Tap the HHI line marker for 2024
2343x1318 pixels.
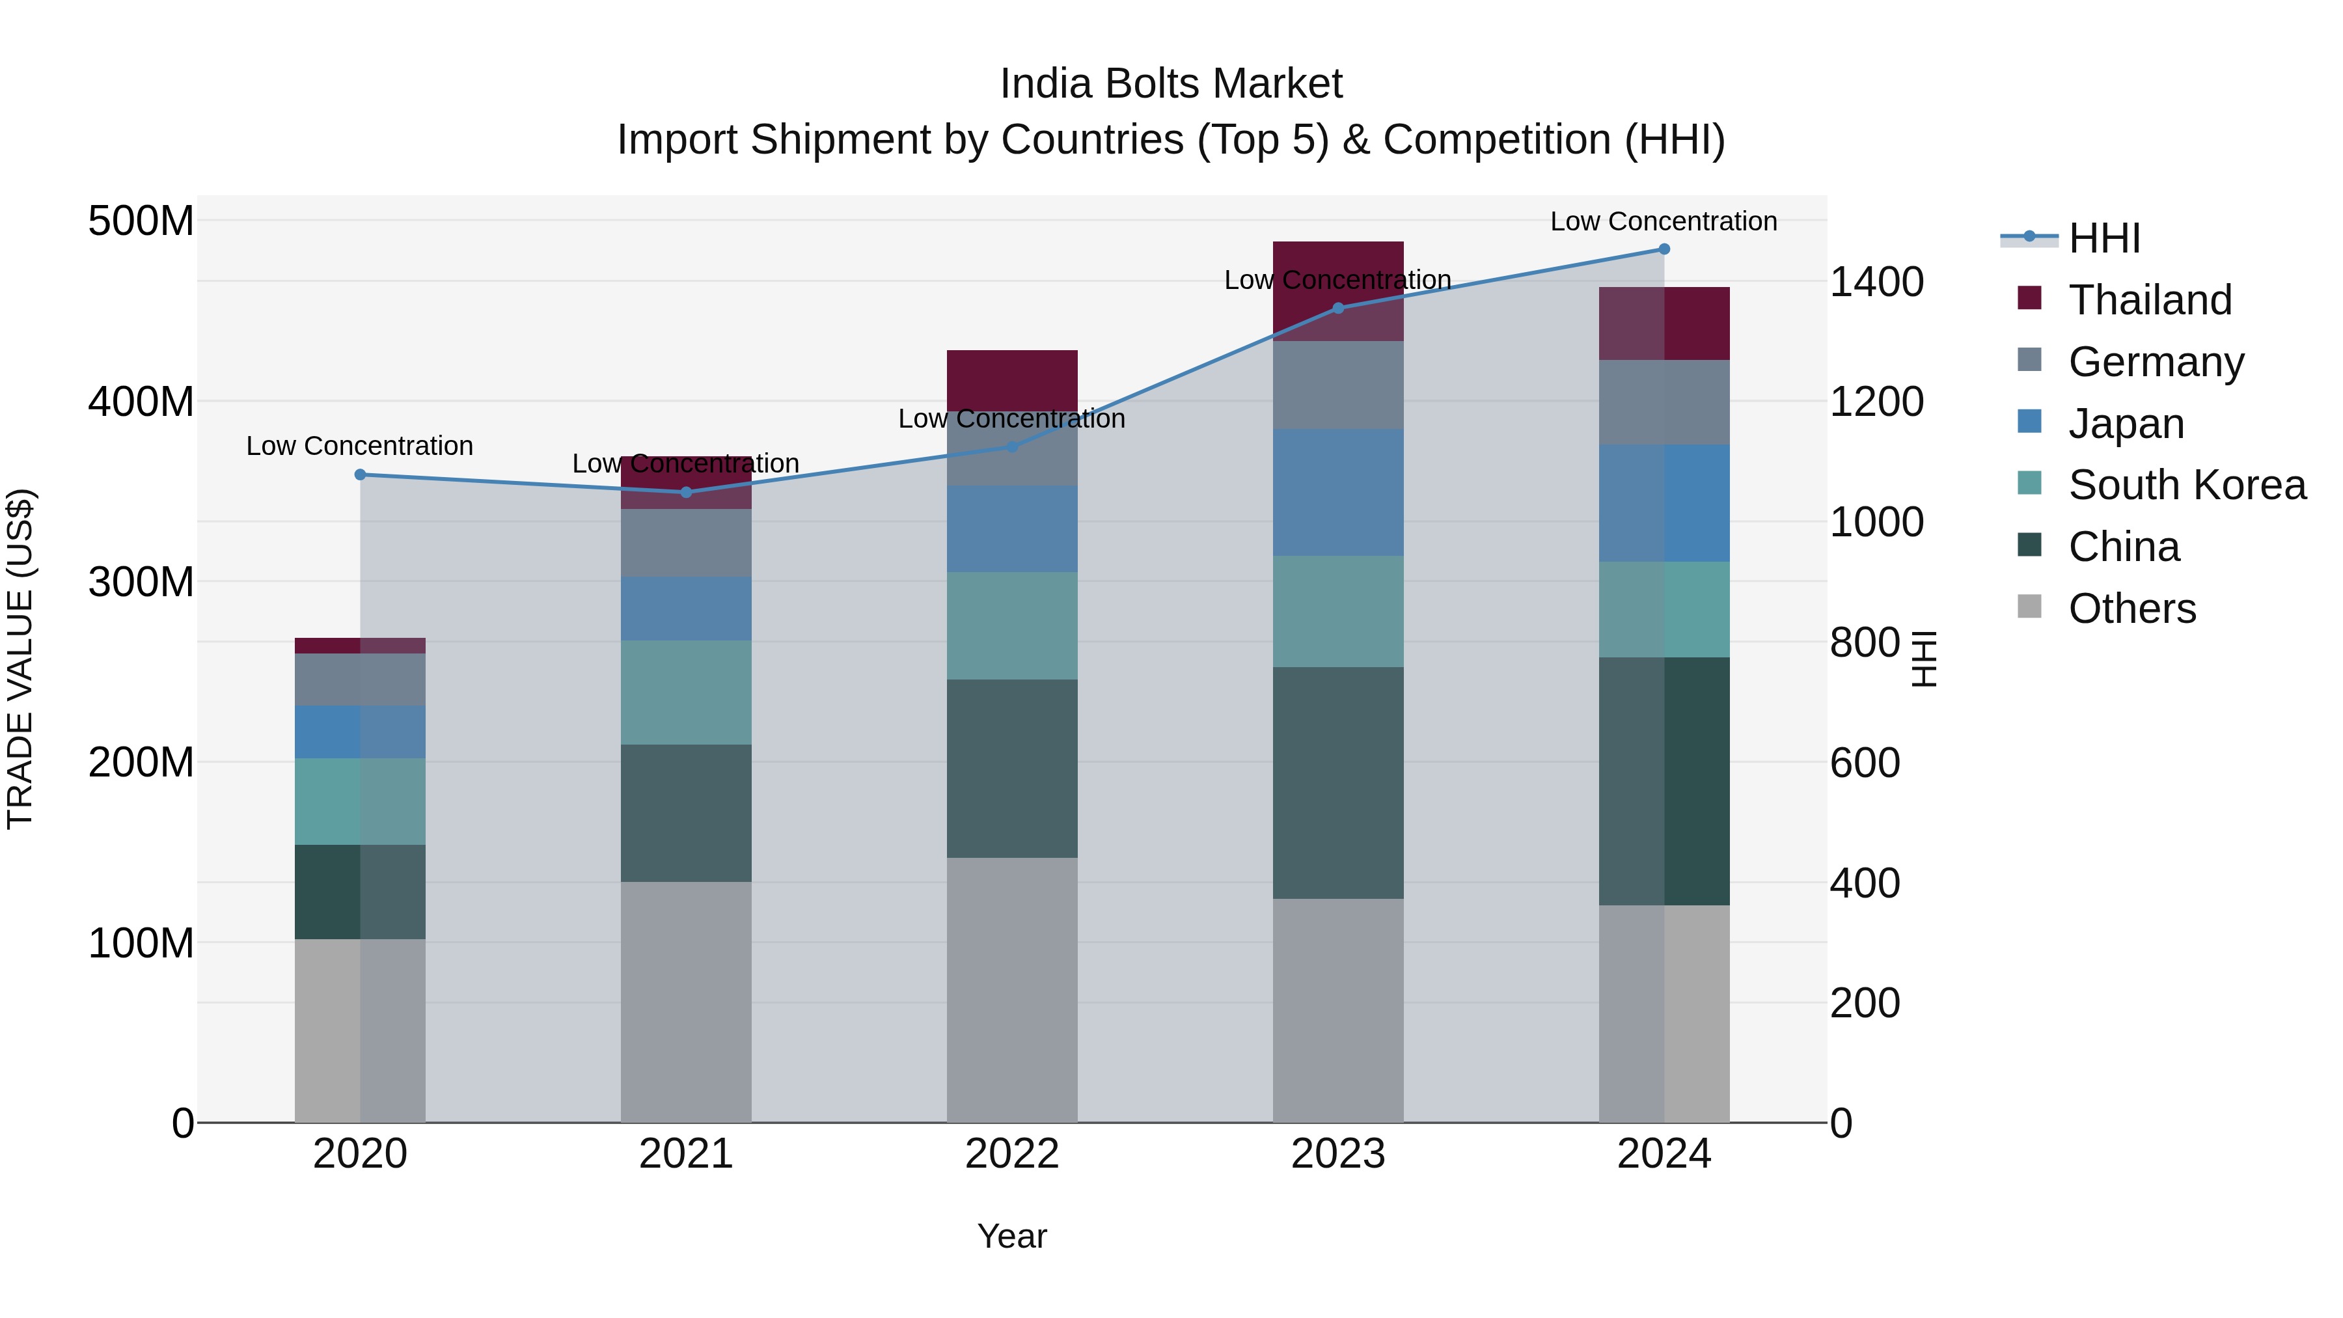tap(1664, 249)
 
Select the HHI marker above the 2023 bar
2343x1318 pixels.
tap(1338, 309)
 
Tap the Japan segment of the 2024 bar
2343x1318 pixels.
tap(1664, 503)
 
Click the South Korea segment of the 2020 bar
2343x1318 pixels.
tap(360, 801)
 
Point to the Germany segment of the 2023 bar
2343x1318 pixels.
tap(1338, 385)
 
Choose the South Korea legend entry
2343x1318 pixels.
tap(2187, 485)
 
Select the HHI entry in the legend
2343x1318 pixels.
tap(2103, 238)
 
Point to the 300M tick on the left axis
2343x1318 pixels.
tap(141, 581)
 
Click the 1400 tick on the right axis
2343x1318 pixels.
tap(1876, 282)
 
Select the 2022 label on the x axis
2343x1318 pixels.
tap(1011, 1154)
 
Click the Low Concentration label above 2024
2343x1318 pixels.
tap(1664, 221)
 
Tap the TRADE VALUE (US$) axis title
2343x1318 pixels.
tap(20, 659)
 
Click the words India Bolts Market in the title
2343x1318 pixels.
tap(1171, 84)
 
